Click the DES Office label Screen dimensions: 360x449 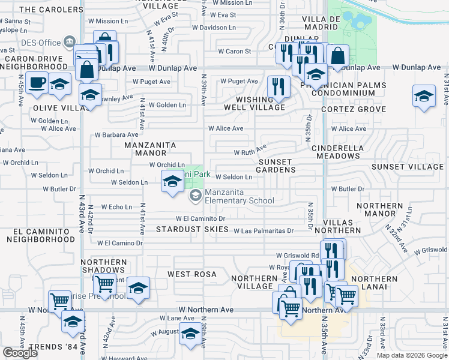41,43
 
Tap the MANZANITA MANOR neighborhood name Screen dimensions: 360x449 150,149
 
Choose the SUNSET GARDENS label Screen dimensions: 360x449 277,166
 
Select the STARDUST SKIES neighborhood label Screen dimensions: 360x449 192,229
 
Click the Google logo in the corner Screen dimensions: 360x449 20,353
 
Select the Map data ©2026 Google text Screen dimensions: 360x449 411,355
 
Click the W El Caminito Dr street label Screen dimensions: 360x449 200,219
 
